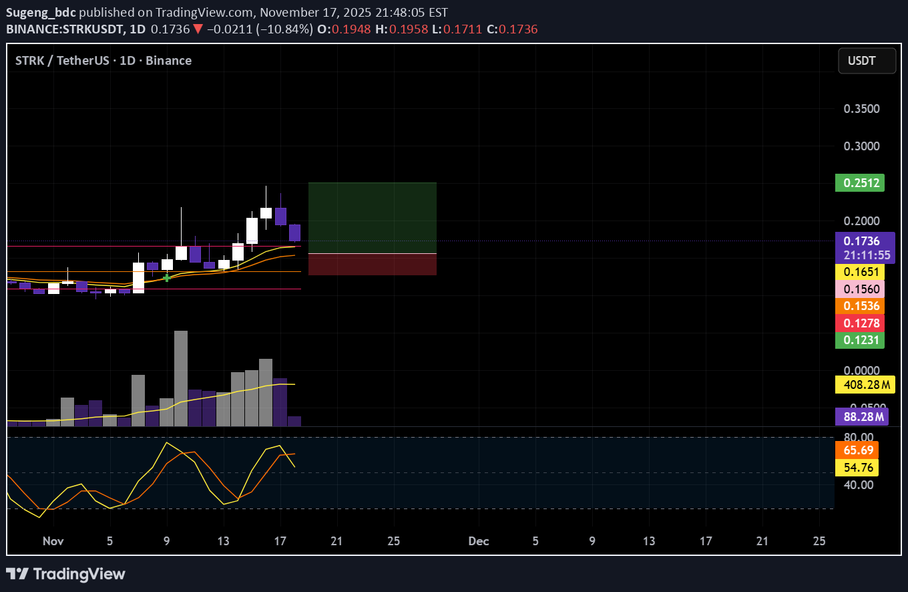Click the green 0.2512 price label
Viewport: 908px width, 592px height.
(x=859, y=182)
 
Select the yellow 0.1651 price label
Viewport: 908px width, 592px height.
(x=859, y=272)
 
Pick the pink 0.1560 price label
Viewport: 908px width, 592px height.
(x=859, y=289)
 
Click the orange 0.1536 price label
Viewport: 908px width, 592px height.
(x=859, y=306)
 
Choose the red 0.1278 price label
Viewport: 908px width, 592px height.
(x=859, y=323)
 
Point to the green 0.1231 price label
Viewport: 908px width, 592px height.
(x=859, y=340)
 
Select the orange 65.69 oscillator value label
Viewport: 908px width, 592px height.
(x=857, y=450)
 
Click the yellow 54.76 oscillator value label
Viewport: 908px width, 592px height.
(x=857, y=467)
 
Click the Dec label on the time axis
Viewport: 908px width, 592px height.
(x=479, y=541)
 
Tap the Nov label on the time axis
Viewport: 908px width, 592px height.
(x=51, y=541)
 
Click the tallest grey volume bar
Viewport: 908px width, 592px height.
(x=180, y=378)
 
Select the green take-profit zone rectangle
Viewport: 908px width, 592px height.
(x=372, y=218)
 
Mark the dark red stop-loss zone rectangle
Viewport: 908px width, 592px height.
(x=372, y=265)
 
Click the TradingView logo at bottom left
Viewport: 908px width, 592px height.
(x=65, y=574)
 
